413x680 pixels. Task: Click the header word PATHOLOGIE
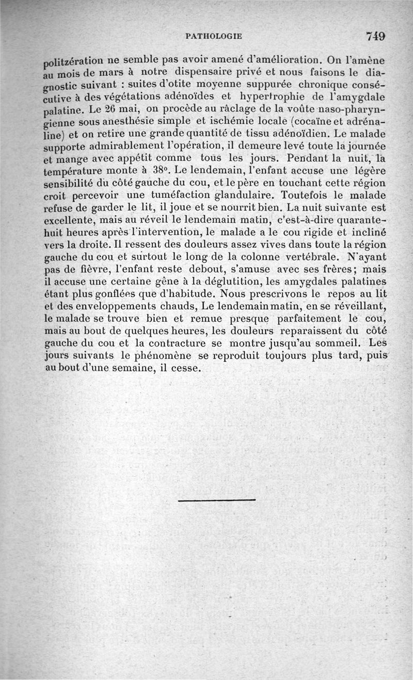pyautogui.click(x=213, y=36)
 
